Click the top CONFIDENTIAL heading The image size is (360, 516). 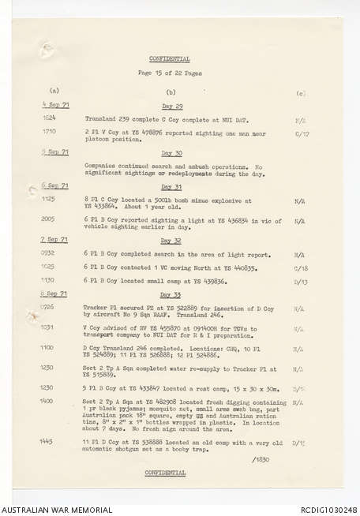(170, 58)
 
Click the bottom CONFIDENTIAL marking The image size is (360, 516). (166, 473)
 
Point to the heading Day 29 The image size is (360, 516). (172, 106)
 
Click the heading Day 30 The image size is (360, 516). (172, 153)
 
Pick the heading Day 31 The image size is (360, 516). (172, 187)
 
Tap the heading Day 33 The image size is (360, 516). (172, 293)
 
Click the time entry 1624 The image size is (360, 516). (50, 118)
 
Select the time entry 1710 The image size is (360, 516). (50, 132)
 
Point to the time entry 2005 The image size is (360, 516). (50, 221)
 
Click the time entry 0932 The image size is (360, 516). (50, 254)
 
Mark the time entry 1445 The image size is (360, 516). (50, 442)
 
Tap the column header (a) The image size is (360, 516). (54, 92)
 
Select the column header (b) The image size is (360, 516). (171, 92)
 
